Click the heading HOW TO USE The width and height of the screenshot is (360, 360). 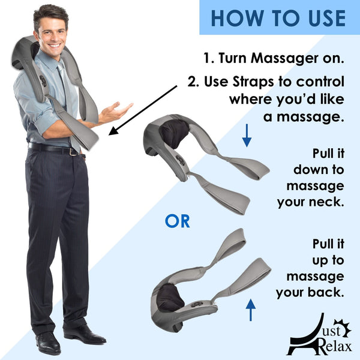(278, 17)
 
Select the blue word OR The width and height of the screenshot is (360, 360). (177, 221)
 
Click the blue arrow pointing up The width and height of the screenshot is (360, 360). (250, 311)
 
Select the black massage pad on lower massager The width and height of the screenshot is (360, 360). (170, 298)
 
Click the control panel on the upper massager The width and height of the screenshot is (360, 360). (179, 161)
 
